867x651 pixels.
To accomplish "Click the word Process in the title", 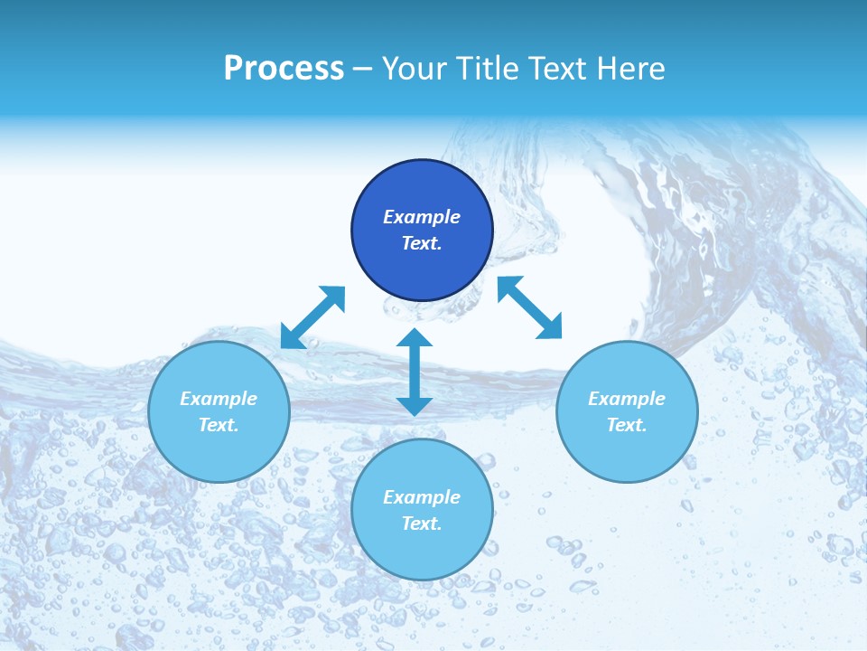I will pyautogui.click(x=284, y=69).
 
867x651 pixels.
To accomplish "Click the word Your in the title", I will pyautogui.click(x=415, y=69).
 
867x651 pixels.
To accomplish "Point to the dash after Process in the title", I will pyautogui.click(x=362, y=70).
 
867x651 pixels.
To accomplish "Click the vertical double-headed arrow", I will pyautogui.click(x=415, y=372).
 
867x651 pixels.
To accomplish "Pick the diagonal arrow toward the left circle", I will pyautogui.click(x=312, y=317).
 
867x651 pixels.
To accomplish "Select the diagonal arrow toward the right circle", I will pyautogui.click(x=529, y=308).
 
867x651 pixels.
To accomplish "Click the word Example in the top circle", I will pyautogui.click(x=422, y=217).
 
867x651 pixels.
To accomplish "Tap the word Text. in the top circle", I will pyautogui.click(x=422, y=243).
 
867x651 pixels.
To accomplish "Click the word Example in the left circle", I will pyautogui.click(x=219, y=399).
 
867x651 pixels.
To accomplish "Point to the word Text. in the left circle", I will pyautogui.click(x=219, y=425).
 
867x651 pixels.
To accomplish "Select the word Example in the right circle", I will pyautogui.click(x=627, y=399).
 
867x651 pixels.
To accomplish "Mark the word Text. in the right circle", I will pyautogui.click(x=627, y=425).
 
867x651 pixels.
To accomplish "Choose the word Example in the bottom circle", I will pyautogui.click(x=422, y=497).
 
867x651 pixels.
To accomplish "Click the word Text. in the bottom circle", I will pyautogui.click(x=422, y=524).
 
